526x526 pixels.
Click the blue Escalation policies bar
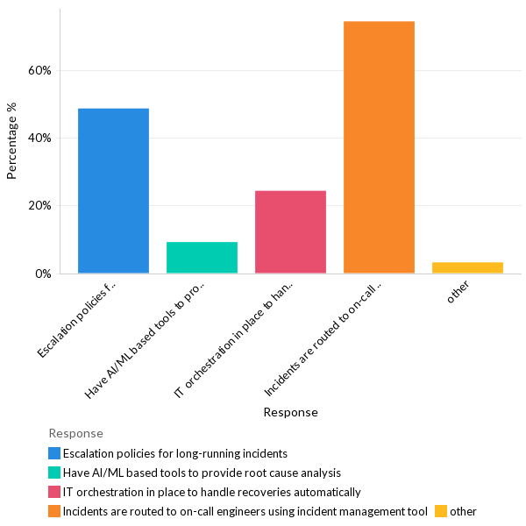(113, 190)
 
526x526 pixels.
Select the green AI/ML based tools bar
(202, 257)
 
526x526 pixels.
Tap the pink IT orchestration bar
(290, 231)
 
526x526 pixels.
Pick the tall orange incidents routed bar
(379, 147)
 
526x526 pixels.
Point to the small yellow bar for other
(467, 267)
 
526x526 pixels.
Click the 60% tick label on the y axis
(39, 70)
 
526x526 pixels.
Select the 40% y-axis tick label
(39, 138)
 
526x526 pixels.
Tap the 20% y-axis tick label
(39, 206)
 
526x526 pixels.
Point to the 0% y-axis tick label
(42, 274)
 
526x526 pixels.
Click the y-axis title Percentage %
(12, 140)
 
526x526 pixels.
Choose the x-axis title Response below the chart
(290, 412)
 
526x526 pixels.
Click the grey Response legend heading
(75, 433)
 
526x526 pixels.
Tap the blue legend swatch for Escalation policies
(54, 453)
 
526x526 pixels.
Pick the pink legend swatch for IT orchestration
(54, 492)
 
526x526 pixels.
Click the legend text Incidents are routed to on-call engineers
(245, 511)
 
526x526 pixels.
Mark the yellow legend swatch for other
(441, 511)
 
